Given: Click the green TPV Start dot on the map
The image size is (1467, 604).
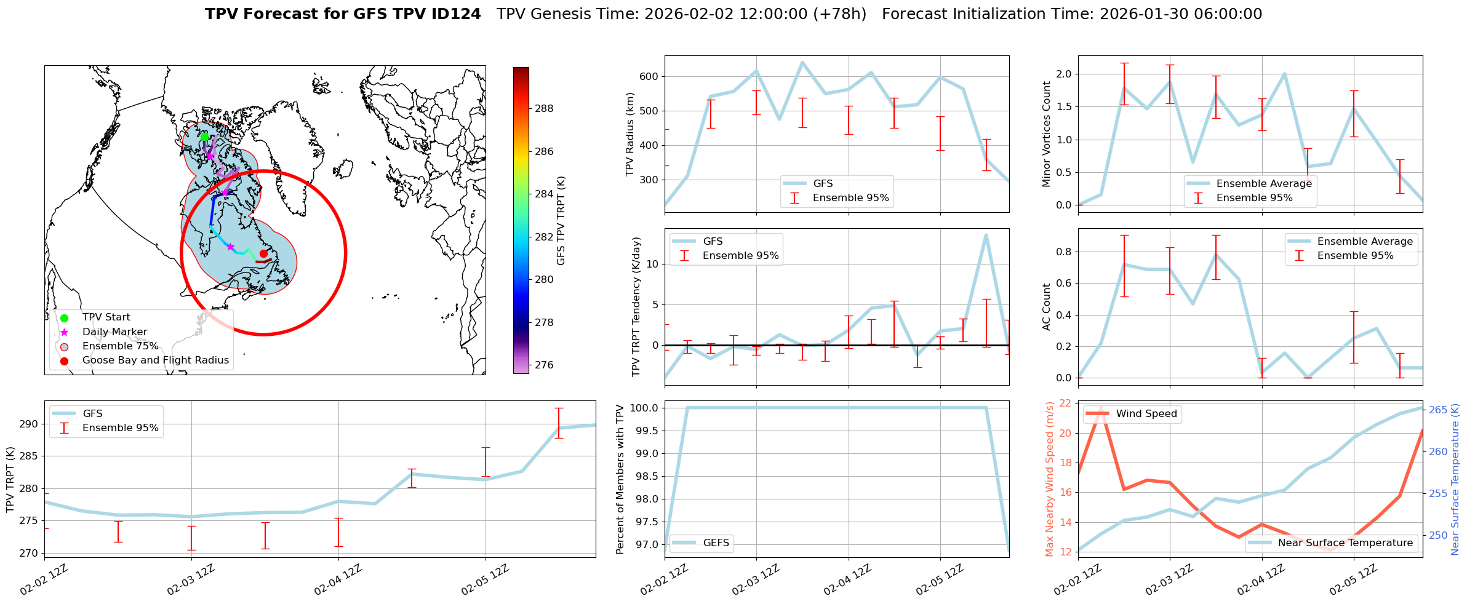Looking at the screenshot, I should point(204,137).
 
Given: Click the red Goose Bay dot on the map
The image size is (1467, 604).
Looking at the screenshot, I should point(263,253).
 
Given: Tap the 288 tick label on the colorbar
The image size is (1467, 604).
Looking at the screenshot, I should point(543,109).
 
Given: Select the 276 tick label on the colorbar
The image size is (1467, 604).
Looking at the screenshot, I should point(543,365).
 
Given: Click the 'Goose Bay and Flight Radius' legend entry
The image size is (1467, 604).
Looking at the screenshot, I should point(155,360).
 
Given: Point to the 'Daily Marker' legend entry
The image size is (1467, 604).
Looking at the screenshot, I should point(114,332).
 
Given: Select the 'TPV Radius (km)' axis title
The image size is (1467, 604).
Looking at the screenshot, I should point(630,134).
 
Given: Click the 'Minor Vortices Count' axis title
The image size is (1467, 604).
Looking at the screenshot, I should point(1046,134).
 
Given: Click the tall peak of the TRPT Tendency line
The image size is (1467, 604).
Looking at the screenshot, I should point(986,235).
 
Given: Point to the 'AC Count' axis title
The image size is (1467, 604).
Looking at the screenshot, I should point(1046,307).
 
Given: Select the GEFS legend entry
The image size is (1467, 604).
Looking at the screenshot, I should point(716,543).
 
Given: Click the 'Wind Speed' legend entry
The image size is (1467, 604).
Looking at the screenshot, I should point(1146,414).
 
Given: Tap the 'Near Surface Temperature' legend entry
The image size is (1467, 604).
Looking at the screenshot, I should point(1345,543).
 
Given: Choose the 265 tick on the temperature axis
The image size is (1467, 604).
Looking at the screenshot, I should point(1439,410).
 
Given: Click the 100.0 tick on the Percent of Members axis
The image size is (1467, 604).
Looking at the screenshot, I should point(643,408).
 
